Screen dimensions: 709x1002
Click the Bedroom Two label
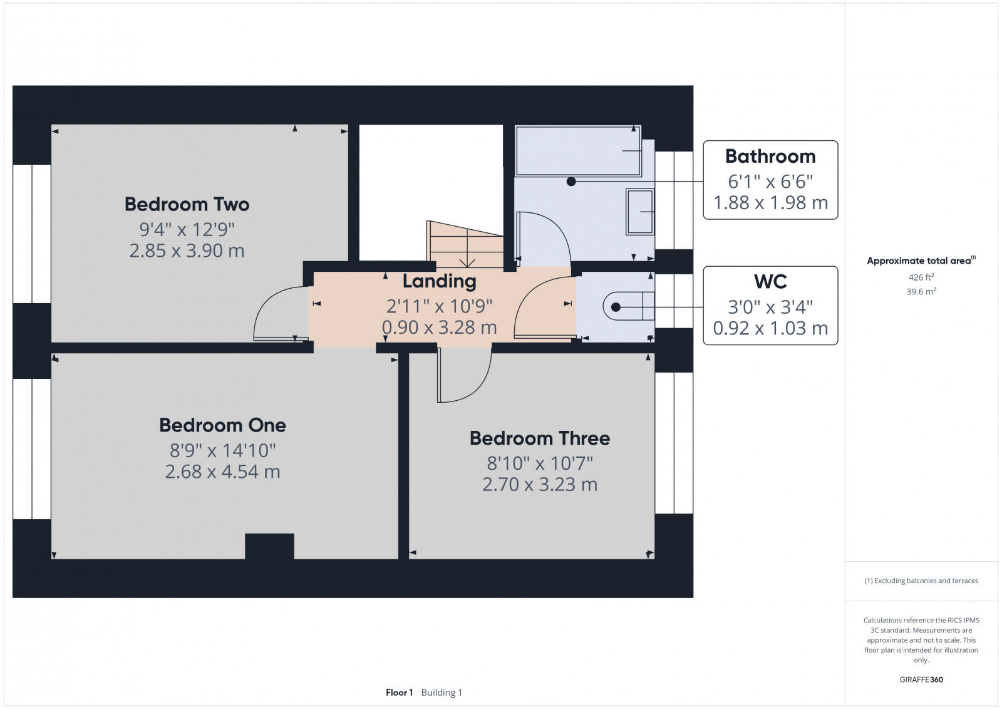187,204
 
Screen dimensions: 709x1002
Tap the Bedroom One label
222,425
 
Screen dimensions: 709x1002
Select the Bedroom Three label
540,438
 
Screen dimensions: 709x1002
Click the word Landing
439,281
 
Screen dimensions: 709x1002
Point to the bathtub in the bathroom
577,151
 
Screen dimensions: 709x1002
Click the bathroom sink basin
640,212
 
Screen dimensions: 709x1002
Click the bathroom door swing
542,238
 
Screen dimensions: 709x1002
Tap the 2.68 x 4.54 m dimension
222,472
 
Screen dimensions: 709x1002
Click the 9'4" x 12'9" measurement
187,229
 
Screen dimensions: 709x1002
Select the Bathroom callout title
770,156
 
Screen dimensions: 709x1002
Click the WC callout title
770,282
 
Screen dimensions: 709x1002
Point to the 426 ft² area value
921,277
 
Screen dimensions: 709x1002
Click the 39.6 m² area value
921,292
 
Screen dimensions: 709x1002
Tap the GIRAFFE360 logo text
921,680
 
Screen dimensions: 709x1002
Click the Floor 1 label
399,693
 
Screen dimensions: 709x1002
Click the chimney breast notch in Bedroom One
269,546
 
